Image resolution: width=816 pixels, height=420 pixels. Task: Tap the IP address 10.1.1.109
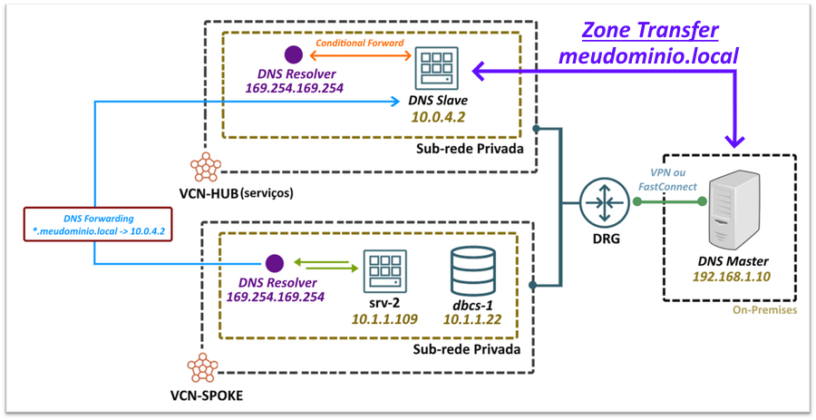[384, 318]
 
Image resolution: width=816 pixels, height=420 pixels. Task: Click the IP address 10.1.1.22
[472, 318]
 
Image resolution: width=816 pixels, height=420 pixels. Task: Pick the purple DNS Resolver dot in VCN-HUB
[292, 54]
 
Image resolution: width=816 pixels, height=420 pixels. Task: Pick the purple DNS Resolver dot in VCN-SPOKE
[274, 263]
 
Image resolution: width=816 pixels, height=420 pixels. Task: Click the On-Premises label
[763, 310]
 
